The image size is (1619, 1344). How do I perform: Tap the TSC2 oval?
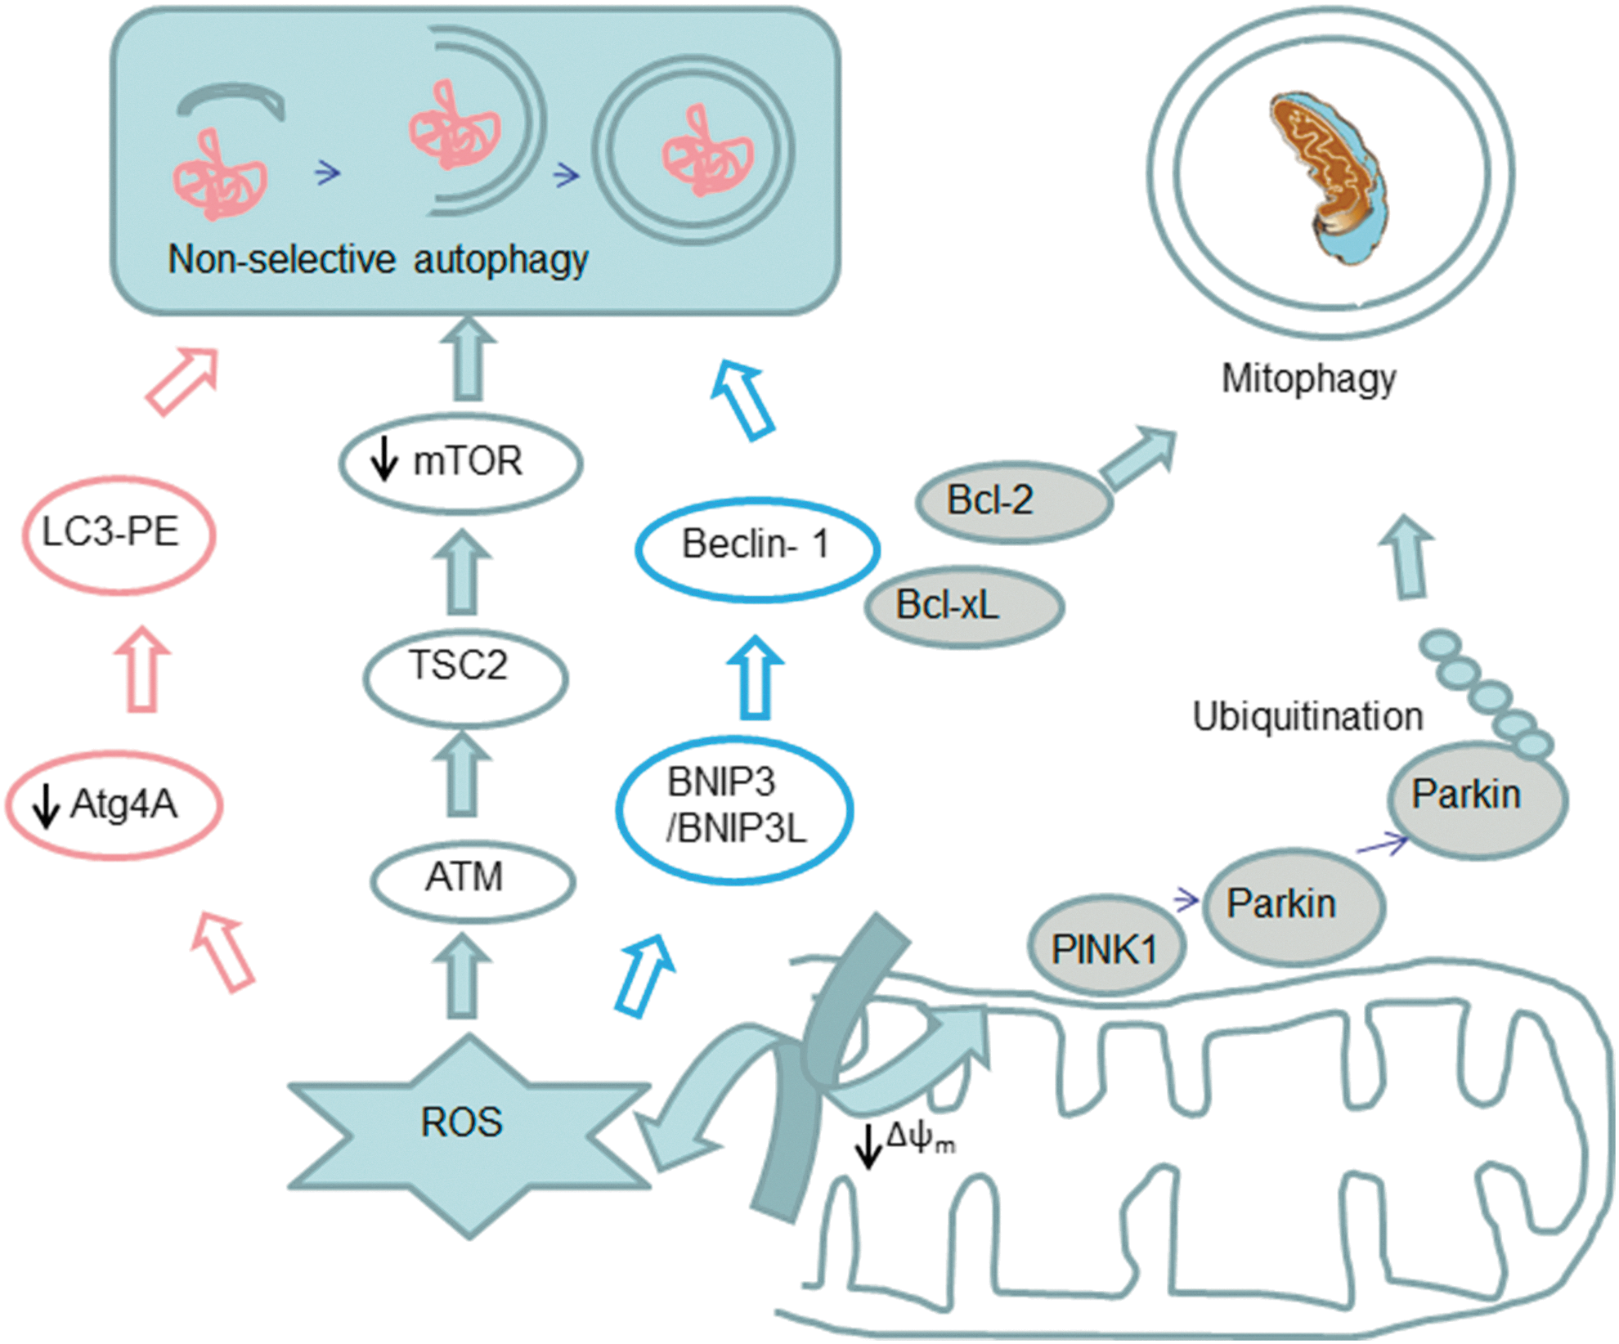tap(465, 678)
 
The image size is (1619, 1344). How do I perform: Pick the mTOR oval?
tap(461, 464)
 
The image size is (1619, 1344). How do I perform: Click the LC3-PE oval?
tap(119, 535)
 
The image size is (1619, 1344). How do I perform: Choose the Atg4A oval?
tap(114, 805)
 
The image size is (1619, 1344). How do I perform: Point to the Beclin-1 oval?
tap(758, 549)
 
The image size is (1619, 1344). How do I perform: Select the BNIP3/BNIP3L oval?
tap(734, 809)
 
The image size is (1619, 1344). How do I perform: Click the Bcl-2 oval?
tap(1013, 502)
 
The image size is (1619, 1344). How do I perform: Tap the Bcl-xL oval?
tap(964, 607)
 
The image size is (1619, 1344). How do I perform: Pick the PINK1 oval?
tap(1105, 948)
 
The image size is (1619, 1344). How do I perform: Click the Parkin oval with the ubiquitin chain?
tap(1478, 799)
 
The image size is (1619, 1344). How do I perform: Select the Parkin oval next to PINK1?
tap(1294, 906)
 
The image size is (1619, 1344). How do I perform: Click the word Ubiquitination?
tap(1307, 717)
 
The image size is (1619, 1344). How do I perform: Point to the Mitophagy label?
tap(1309, 379)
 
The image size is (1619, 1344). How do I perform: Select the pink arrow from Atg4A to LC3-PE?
tap(142, 670)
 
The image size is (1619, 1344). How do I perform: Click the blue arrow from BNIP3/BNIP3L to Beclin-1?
tap(756, 677)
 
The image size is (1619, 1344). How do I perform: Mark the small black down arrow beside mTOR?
tap(383, 459)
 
